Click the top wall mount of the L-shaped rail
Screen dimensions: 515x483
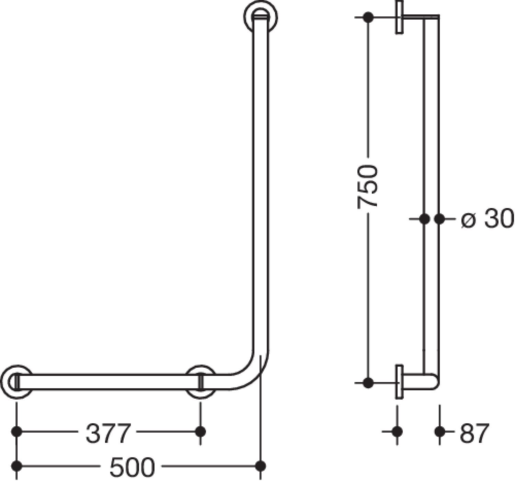click(261, 16)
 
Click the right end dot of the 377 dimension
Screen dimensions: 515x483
click(200, 432)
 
